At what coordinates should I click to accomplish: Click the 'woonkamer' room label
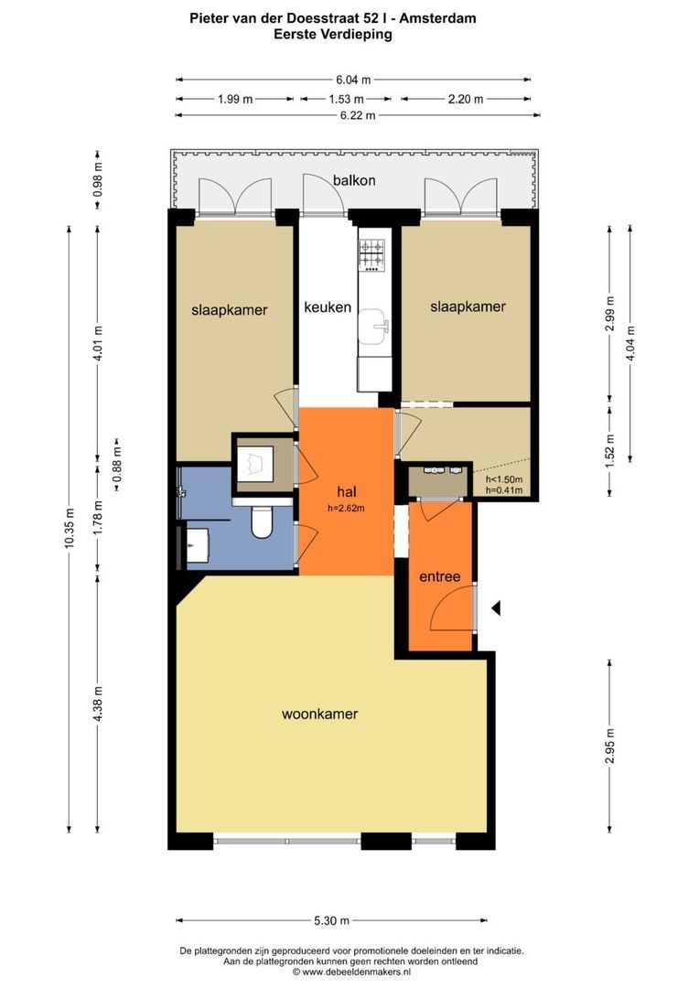coord(319,714)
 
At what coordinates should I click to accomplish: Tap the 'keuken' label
coord(328,306)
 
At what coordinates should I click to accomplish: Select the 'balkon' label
coord(354,180)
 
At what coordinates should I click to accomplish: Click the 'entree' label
coord(440,576)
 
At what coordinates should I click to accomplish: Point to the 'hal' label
coord(347,491)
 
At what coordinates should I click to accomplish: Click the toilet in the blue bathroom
coord(262,522)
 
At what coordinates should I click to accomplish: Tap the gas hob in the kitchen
coord(371,255)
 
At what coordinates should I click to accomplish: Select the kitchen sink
coord(374,327)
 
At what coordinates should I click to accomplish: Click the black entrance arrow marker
coord(496,608)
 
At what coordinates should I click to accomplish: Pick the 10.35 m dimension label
coord(70,529)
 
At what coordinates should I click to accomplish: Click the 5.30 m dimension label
coord(331,920)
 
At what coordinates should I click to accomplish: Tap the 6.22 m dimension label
coord(358,115)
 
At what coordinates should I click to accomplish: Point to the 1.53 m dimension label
coord(346,99)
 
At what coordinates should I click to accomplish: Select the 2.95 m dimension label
coord(609,746)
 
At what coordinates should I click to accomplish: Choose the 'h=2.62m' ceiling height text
coord(346,508)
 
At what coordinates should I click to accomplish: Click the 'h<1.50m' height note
coord(503,479)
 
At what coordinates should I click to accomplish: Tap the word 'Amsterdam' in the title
coord(437,18)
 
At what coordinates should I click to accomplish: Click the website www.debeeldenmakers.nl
coord(356,972)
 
